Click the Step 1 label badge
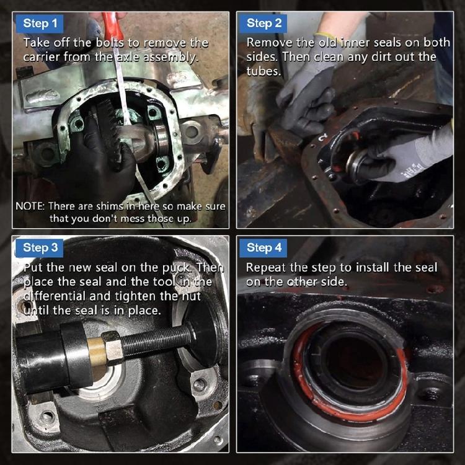click(x=36, y=24)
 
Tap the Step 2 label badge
click(x=264, y=24)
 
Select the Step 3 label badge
click(x=41, y=248)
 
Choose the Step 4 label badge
click(x=264, y=248)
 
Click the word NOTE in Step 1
click(x=30, y=206)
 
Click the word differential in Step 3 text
click(x=56, y=296)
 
